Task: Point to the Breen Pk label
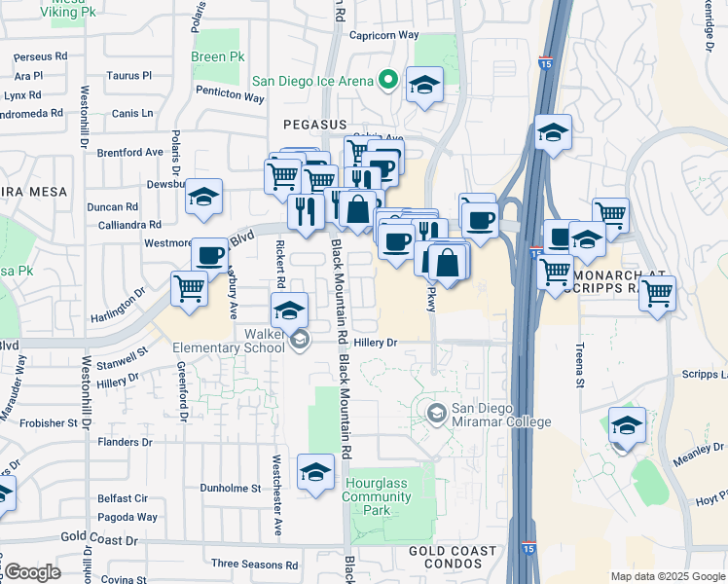tap(217, 56)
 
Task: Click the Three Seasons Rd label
tap(252, 564)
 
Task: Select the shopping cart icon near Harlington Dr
tap(189, 287)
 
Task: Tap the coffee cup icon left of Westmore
tap(209, 254)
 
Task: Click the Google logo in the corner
tap(31, 571)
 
